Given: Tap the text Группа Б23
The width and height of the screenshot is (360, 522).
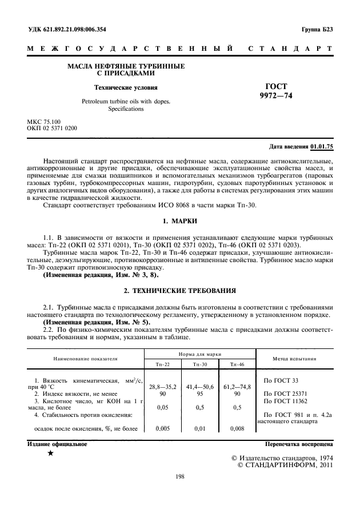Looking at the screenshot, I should click(318, 30).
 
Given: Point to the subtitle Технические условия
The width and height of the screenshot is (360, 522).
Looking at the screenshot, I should click(126, 88).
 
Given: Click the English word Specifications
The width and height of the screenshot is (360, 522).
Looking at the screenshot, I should click(126, 109).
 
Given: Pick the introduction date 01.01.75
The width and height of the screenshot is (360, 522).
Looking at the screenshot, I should click(322, 147).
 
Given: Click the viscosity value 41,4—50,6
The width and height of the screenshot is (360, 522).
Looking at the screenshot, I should click(199, 387).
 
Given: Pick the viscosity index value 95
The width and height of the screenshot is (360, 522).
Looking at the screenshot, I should click(199, 393).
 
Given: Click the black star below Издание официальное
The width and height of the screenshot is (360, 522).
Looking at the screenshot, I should click(51, 453).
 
